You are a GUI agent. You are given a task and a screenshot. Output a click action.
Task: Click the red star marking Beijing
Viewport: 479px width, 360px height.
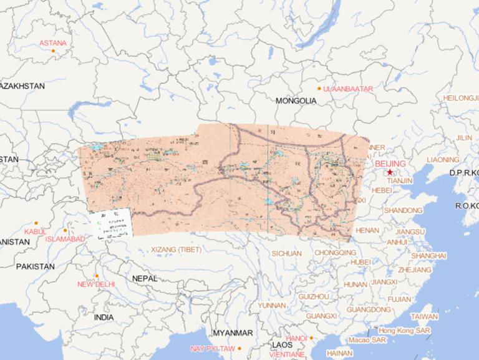pos(390,172)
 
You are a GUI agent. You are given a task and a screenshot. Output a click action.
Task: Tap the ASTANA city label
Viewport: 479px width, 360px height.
pos(52,43)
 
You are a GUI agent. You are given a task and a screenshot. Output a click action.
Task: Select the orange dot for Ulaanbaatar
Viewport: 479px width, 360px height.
pos(319,89)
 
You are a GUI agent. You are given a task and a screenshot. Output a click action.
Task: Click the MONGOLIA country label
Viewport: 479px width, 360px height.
pos(296,100)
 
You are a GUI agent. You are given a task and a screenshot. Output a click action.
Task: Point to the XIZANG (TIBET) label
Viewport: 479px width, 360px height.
pos(177,250)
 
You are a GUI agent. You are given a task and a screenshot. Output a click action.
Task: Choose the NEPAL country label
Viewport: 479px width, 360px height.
pos(145,278)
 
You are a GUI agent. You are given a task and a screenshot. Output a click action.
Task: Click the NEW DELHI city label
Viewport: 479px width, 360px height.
pos(95,284)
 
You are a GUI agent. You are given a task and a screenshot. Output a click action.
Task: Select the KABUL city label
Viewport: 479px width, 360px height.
pos(35,231)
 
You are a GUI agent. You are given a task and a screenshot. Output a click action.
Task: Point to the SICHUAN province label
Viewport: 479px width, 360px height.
pos(286,253)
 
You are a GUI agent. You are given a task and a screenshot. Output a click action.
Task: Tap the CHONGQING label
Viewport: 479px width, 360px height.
pos(336,253)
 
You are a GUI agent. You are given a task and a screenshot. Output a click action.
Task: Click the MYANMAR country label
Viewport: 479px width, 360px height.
pos(233,333)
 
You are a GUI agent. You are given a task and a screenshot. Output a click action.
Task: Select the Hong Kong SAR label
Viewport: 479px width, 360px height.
pos(404,330)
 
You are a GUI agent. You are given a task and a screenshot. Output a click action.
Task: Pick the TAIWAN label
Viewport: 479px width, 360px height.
pos(423,316)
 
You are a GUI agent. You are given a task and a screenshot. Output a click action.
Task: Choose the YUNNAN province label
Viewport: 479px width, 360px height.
pos(272,306)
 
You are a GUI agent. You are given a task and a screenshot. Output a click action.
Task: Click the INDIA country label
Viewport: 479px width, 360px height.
pos(104,317)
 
